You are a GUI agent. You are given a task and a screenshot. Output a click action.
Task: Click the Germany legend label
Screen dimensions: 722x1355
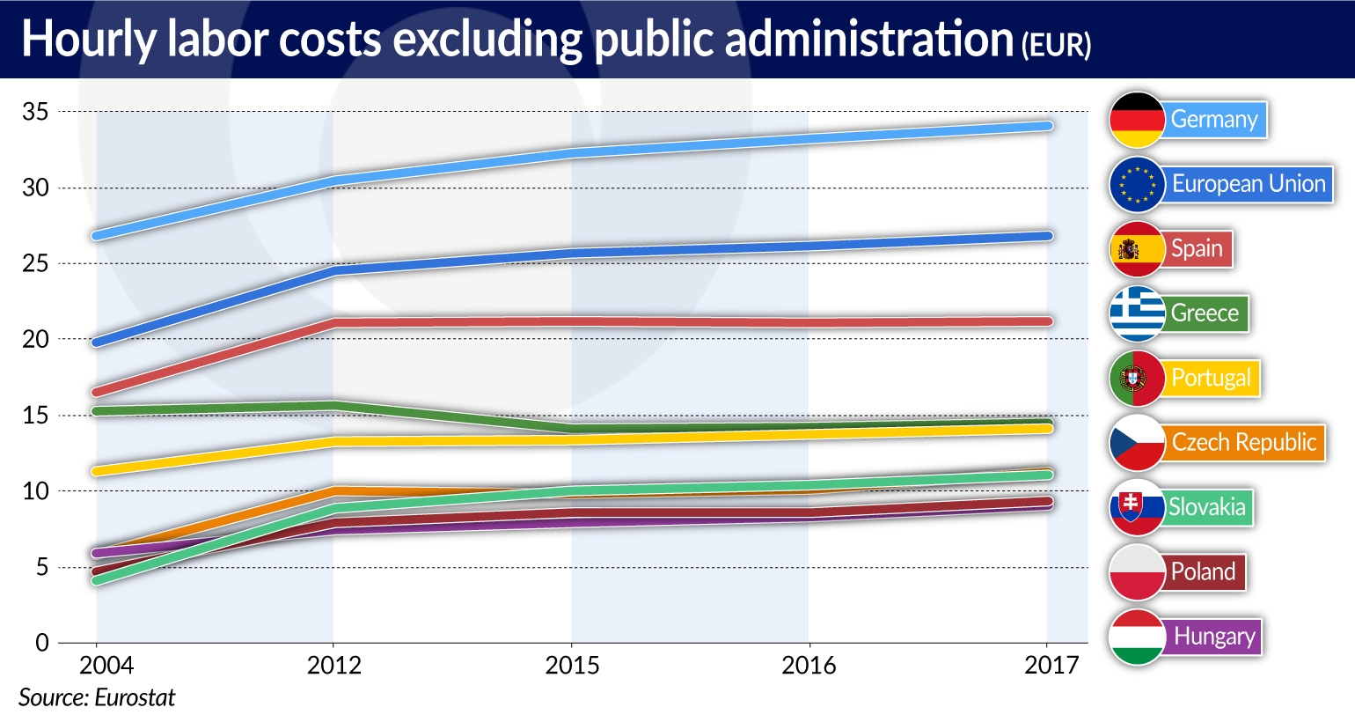(1214, 119)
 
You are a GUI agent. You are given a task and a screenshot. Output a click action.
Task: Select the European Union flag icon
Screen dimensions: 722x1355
(1137, 184)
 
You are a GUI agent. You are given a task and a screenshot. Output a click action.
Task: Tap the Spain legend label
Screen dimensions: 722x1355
(1197, 248)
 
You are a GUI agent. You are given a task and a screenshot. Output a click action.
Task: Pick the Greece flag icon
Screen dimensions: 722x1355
(1137, 313)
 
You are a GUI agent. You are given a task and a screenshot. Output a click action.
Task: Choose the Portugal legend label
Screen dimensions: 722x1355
(1211, 378)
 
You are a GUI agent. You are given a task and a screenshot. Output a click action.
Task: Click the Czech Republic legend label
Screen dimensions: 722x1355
(1243, 442)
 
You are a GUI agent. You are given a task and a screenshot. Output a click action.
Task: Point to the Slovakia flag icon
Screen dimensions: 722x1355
(1137, 507)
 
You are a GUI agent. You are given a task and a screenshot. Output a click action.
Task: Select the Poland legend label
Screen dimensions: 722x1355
(1203, 571)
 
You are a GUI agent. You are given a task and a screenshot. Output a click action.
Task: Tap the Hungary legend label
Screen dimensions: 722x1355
(1214, 636)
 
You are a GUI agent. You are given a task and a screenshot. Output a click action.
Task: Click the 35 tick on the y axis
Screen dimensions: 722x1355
(36, 112)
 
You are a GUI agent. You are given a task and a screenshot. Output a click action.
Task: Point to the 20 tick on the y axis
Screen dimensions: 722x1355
(36, 339)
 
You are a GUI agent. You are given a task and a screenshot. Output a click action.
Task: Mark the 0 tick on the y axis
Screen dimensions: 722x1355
(42, 643)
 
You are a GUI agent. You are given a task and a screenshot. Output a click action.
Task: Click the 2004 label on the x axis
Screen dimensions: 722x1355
(106, 666)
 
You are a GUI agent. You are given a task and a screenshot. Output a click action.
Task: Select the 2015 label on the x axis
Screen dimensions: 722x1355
(572, 666)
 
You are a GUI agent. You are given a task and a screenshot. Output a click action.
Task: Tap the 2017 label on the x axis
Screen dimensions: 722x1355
(1051, 666)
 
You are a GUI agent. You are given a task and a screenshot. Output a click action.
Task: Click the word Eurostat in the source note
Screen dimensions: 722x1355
(135, 697)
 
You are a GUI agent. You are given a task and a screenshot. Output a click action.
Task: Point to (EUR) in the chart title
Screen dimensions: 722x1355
(1056, 44)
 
